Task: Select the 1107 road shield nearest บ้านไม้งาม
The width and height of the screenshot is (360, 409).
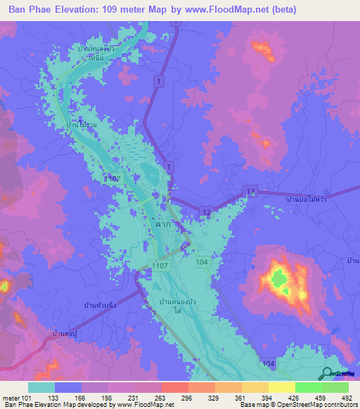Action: [112, 180]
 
